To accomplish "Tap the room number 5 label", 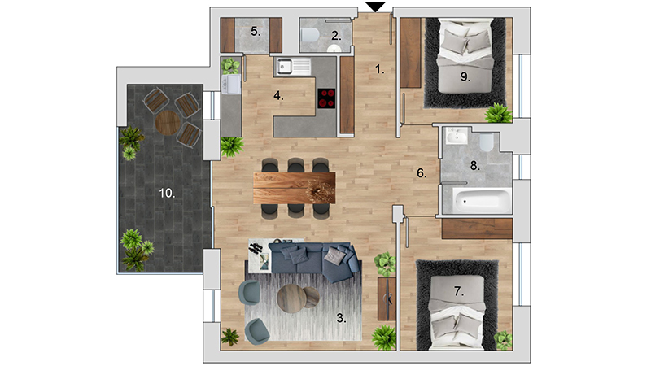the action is click(x=256, y=32).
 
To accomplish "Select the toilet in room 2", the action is click(x=310, y=35).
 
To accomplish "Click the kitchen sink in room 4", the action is click(x=294, y=67).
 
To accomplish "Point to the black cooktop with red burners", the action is click(x=326, y=98).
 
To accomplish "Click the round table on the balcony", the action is click(x=168, y=123).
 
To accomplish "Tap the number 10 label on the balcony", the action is click(x=167, y=193).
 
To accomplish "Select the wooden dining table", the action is click(x=295, y=188).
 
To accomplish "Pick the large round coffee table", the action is click(x=291, y=298).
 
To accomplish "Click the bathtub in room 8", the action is click(x=482, y=201).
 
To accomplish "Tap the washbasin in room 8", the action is click(x=457, y=136).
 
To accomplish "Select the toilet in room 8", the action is click(x=487, y=142).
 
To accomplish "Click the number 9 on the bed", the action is click(x=465, y=76).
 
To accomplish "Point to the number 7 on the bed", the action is click(x=458, y=292).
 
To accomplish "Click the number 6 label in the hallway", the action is click(x=422, y=173).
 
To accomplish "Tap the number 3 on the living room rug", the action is click(x=341, y=318).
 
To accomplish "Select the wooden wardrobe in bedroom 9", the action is click(x=411, y=53).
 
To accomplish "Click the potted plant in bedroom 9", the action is click(x=498, y=113).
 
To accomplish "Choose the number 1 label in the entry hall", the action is click(x=380, y=69).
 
